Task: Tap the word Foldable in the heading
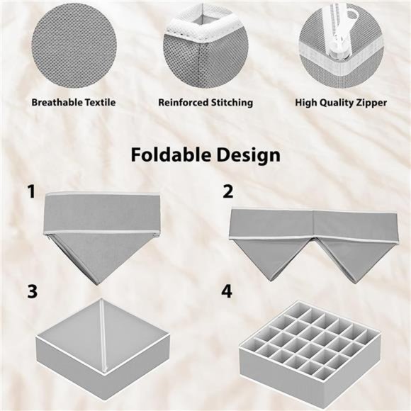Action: click(x=168, y=154)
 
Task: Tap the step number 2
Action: click(x=227, y=192)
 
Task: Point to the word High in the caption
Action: click(x=307, y=103)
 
